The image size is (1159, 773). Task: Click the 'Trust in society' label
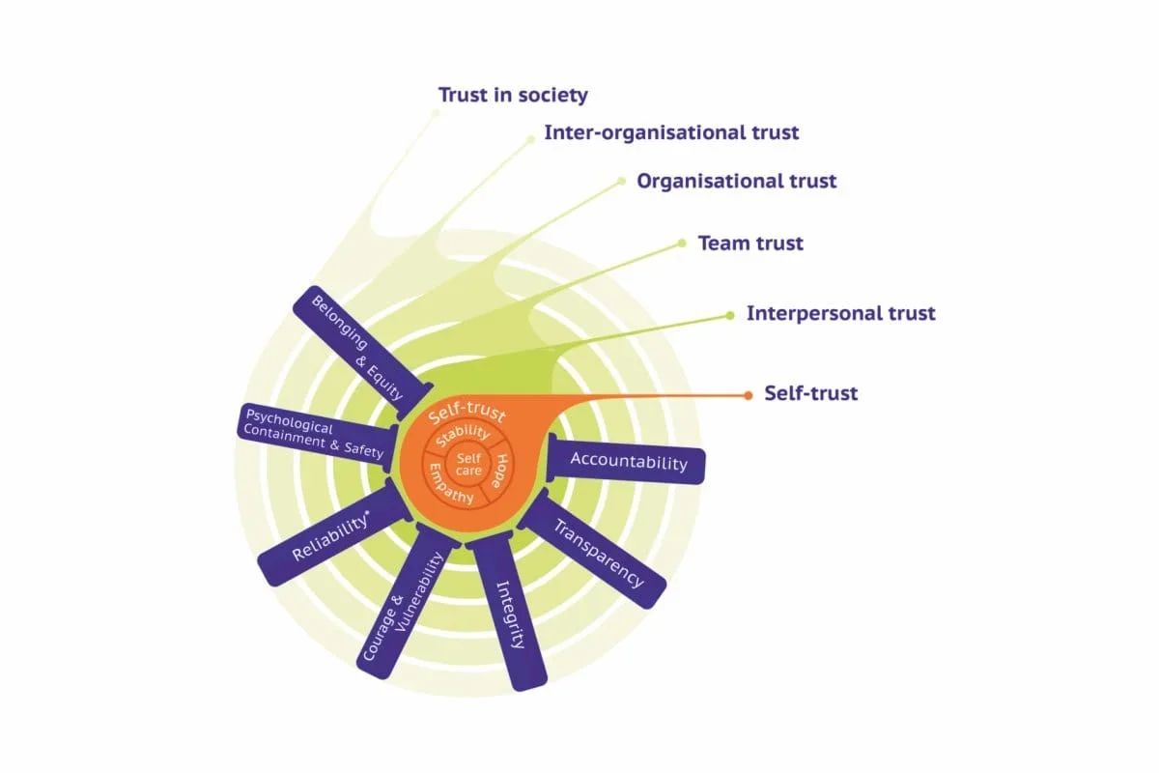pos(513,96)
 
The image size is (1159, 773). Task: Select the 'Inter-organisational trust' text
pos(671,132)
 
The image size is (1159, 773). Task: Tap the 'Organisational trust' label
pos(736,181)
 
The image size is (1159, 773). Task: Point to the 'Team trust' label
pos(750,243)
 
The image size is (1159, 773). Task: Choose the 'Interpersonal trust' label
pos(840,313)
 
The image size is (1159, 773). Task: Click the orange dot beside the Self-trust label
pos(747,394)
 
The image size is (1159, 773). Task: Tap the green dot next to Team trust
pos(682,243)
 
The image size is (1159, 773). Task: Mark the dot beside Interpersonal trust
pos(730,314)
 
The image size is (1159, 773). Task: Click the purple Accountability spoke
pos(629,461)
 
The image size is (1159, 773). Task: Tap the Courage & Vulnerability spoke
pos(405,604)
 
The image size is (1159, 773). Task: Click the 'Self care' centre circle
pos(468,464)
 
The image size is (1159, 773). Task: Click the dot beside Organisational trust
pos(621,181)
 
